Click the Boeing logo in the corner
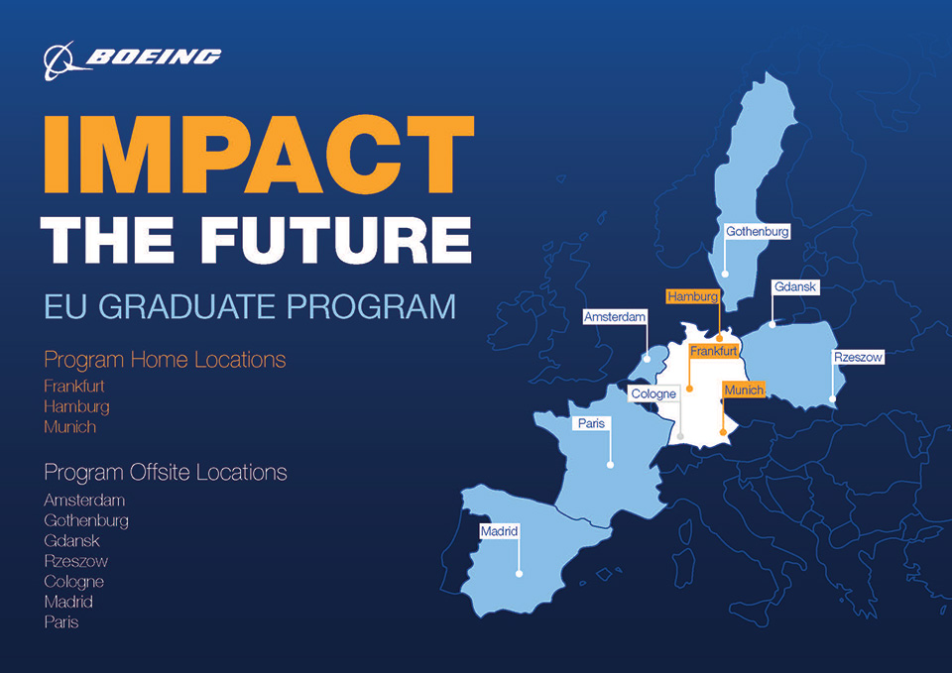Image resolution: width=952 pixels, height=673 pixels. point(132,58)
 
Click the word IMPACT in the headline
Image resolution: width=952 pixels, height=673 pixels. point(257,155)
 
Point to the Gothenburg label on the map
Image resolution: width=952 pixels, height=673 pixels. point(757,231)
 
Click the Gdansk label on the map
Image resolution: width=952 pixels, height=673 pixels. point(795,287)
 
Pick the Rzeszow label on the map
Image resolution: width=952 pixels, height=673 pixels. point(857,357)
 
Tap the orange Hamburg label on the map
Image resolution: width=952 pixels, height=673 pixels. point(692,296)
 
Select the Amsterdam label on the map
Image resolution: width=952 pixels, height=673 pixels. point(615,317)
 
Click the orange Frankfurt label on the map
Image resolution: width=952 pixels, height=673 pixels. point(714,351)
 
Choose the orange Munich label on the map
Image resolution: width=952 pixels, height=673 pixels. point(744,391)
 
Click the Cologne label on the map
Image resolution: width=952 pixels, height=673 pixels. point(654,393)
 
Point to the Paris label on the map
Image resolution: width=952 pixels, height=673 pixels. point(592,423)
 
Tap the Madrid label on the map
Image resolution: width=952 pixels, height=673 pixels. point(499,531)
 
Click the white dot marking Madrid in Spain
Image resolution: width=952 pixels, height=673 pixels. point(519,573)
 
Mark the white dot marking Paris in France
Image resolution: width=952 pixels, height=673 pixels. point(610,464)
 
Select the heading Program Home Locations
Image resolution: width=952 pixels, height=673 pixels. point(165,359)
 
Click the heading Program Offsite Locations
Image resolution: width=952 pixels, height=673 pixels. point(166,472)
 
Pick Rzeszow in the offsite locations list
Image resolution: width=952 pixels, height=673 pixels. point(76,561)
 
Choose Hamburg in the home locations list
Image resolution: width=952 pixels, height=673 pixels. point(76,406)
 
